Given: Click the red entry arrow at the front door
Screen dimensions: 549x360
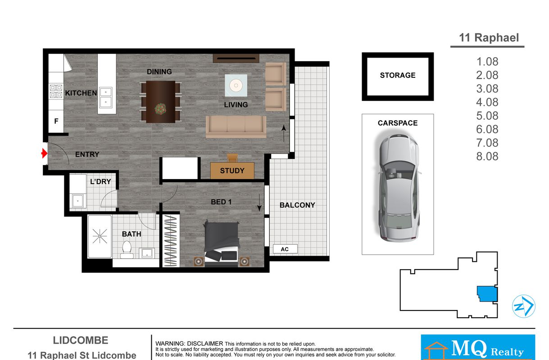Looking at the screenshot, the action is tap(44, 153).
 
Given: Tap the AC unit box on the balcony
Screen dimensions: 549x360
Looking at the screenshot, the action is tap(285, 249).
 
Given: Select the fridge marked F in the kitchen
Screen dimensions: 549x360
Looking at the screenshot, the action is tap(56, 121).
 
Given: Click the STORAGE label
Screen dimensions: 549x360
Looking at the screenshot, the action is tap(398, 75).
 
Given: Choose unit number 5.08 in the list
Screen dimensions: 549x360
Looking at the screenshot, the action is tap(487, 116).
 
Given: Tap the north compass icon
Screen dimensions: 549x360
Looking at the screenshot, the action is tap(523, 306).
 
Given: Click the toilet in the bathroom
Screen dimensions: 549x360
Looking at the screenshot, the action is tap(127, 250).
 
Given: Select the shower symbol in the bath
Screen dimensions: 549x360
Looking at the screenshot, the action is tap(100, 236).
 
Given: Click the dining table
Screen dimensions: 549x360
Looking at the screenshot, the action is tap(161, 102).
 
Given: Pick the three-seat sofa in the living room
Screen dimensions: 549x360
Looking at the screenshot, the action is tap(236, 127).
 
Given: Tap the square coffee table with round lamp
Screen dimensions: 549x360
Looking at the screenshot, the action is tap(236, 85).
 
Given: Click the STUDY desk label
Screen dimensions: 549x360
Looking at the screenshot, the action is tap(232, 171).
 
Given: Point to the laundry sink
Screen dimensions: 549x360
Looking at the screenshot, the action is tap(78, 201).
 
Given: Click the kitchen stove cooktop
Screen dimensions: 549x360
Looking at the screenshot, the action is tap(56, 91).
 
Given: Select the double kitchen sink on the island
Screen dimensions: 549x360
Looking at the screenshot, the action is tap(106, 98).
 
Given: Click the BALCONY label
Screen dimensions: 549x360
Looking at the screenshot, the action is tap(297, 205).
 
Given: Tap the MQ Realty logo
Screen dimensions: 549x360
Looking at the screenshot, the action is tap(478, 347).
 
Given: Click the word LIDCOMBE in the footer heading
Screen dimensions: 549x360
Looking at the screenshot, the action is tap(81, 340).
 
